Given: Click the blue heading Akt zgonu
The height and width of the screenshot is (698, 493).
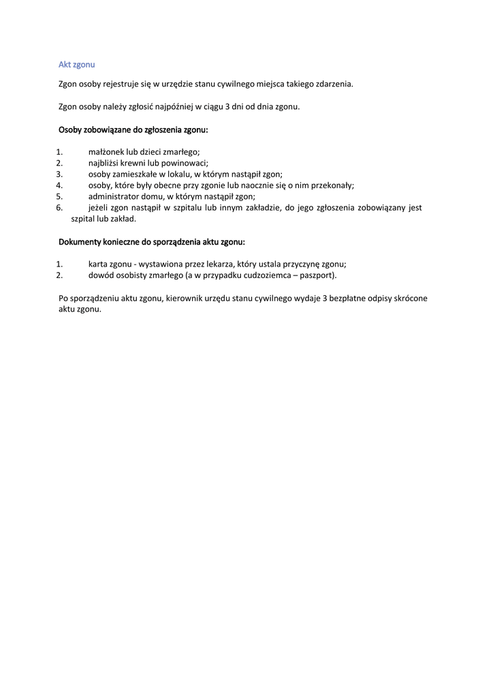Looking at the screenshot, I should (76, 64).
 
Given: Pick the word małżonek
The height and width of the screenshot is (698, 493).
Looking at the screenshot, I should (107, 152).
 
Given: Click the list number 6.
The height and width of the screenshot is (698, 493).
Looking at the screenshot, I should (59, 207).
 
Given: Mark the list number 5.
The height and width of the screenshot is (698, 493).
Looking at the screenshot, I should (59, 196).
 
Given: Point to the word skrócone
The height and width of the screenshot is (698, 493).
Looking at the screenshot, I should (411, 298).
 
